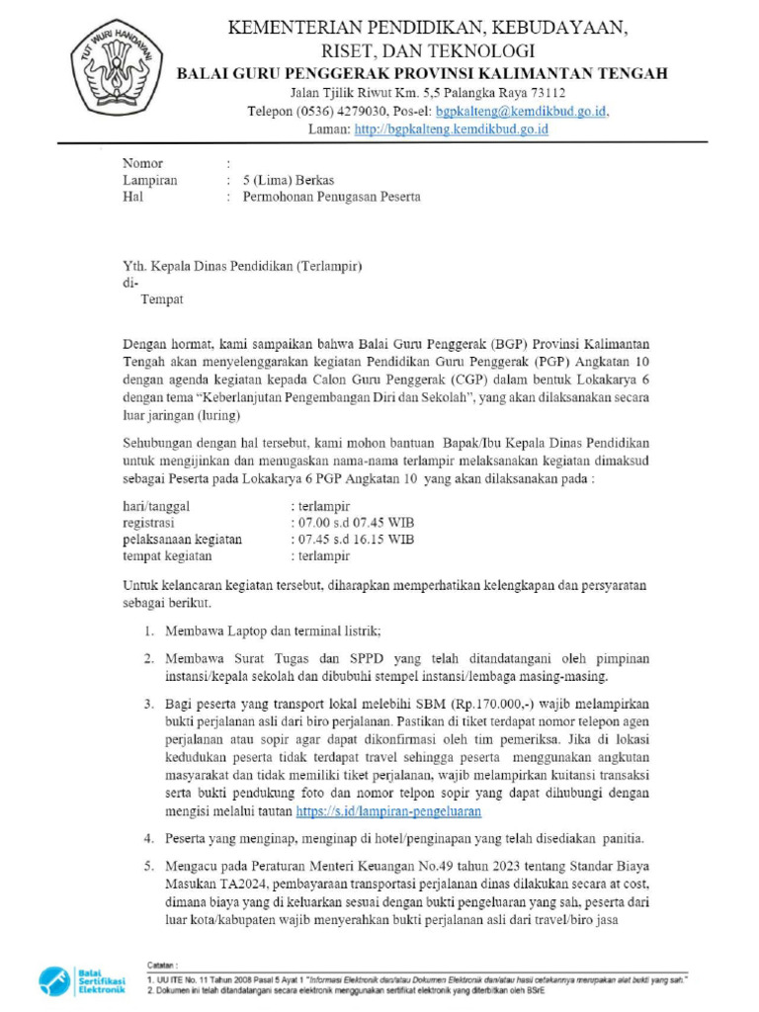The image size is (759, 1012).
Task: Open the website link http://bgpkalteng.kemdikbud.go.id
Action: [451, 128]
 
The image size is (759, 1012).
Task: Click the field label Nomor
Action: [142, 163]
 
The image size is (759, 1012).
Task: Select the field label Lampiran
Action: [149, 180]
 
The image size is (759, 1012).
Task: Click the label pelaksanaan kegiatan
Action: [182, 539]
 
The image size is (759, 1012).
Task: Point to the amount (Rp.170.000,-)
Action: [502, 704]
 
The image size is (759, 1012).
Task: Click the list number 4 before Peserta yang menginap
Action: [145, 839]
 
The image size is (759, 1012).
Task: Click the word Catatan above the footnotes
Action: [157, 963]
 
